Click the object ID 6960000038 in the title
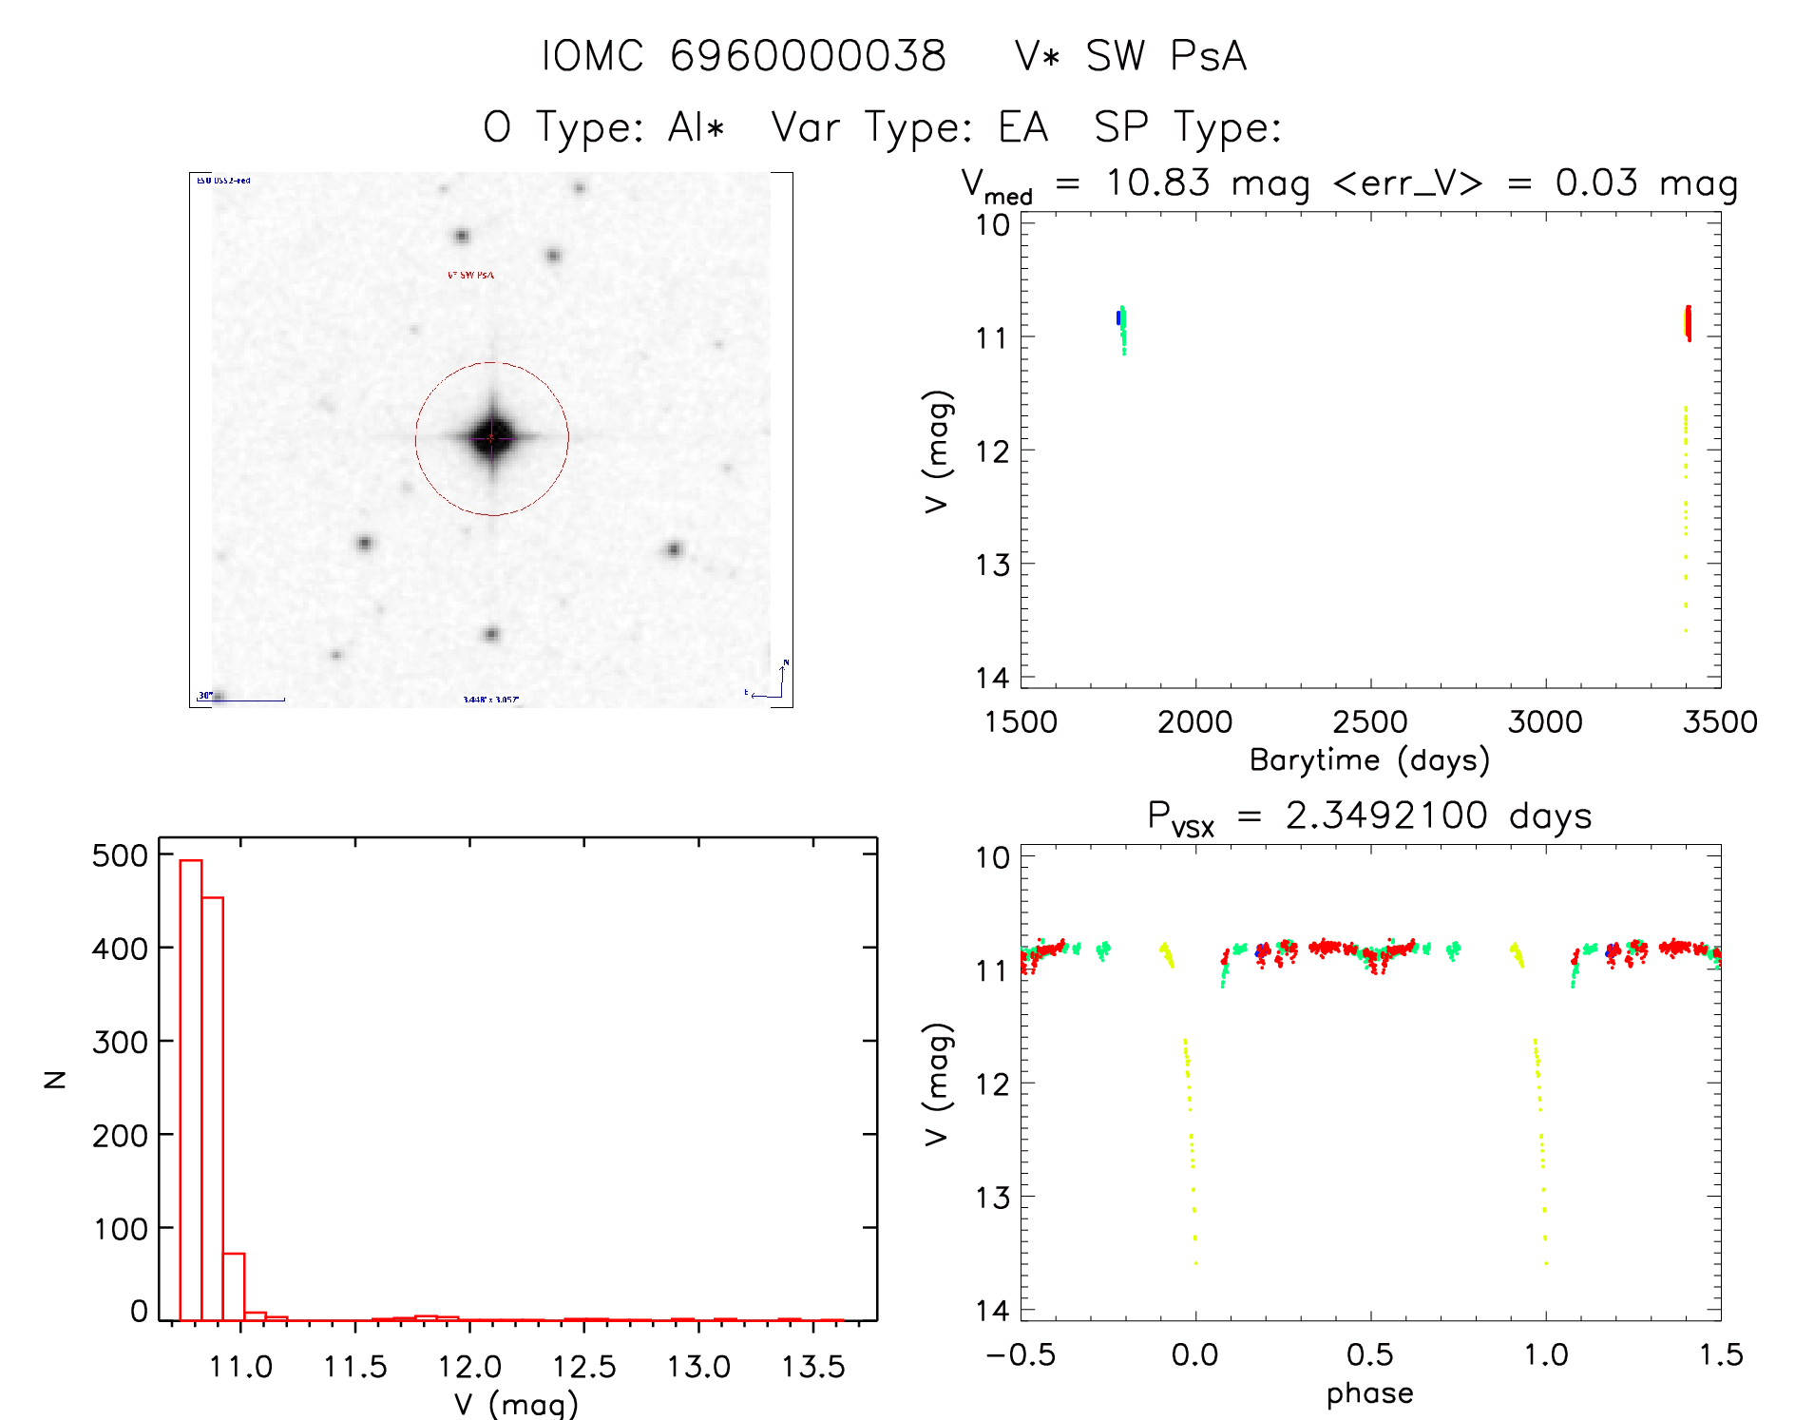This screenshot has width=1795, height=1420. pos(808,56)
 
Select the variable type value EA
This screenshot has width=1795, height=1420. pos(1022,127)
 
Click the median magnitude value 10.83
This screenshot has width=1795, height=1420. pos(1157,182)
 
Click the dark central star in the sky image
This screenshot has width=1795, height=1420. pos(491,438)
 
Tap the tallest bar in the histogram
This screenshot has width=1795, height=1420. pos(191,1089)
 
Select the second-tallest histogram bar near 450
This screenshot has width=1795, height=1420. pos(213,1108)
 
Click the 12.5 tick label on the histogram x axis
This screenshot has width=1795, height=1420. pos(583,1367)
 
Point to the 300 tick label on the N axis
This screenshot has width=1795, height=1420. pos(120,1042)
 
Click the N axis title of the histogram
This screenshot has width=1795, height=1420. pos(55,1079)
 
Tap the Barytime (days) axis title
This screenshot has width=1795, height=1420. pos(1369,760)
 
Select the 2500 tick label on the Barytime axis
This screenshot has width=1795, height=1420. pos(1369,722)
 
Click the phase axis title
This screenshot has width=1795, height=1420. pos(1369,1393)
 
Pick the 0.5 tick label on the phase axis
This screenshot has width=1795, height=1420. pos(1369,1354)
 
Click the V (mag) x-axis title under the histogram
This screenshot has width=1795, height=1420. pos(515,1404)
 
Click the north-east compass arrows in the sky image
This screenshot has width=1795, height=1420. pos(775,682)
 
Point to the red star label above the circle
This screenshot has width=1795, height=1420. pos(470,275)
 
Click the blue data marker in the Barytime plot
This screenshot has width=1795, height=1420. pos(1118,317)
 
